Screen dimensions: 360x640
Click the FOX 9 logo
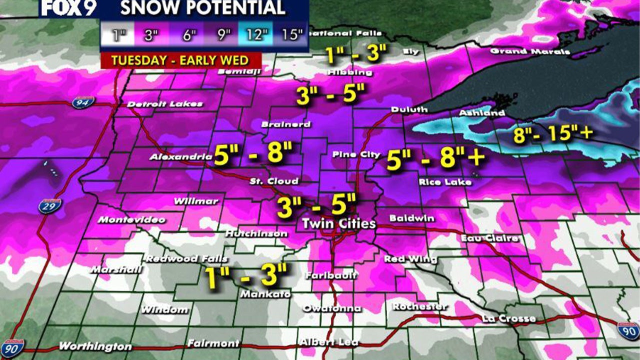tap(68, 8)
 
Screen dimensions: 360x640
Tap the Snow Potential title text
tap(202, 8)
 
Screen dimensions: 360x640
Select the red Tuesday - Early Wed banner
tap(180, 60)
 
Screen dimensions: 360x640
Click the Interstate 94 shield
tap(83, 102)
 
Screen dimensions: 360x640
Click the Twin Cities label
tap(339, 223)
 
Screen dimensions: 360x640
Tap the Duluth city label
tap(409, 109)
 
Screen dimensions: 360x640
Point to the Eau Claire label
tap(489, 238)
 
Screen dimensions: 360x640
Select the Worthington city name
tap(95, 346)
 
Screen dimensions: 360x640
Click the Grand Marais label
tap(530, 51)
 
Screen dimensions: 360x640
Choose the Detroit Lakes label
tap(164, 104)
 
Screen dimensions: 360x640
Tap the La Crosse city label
tap(509, 318)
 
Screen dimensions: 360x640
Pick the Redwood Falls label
tap(186, 259)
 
